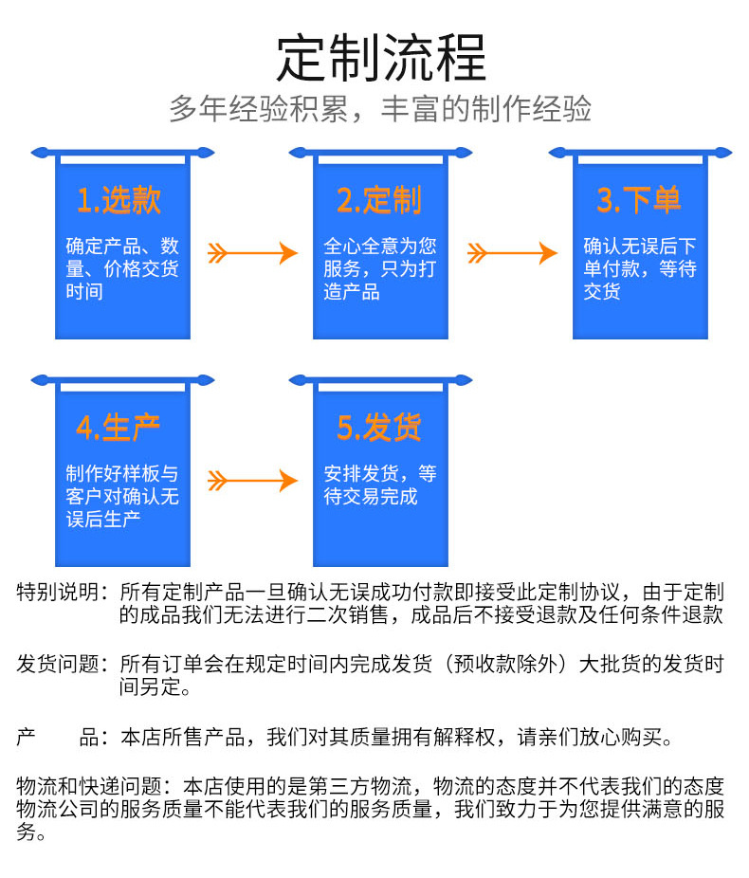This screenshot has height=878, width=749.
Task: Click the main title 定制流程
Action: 381,58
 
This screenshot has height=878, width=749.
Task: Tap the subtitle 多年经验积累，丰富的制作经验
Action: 380,109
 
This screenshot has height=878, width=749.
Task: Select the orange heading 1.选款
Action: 119,200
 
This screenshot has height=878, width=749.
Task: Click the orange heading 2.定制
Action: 379,200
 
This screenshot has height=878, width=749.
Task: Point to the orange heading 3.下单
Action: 639,200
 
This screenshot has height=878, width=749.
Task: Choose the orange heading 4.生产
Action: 119,428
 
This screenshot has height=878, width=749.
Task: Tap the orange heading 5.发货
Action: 379,428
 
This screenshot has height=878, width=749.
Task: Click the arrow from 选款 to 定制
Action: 252,253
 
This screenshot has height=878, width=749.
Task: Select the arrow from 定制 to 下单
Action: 512,253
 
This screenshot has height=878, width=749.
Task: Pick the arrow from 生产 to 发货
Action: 252,481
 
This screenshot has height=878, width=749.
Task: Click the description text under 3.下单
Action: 640,268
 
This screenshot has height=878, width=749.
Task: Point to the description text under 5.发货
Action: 380,485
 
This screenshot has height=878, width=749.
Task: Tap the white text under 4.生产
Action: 122,496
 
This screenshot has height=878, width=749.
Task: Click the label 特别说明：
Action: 63,592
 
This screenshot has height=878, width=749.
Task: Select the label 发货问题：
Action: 63,664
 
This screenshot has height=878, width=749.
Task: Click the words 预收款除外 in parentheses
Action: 505,664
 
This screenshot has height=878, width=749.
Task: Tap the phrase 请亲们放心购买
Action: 590,737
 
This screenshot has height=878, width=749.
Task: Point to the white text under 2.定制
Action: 380,268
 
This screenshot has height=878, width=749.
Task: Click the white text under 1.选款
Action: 122,268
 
